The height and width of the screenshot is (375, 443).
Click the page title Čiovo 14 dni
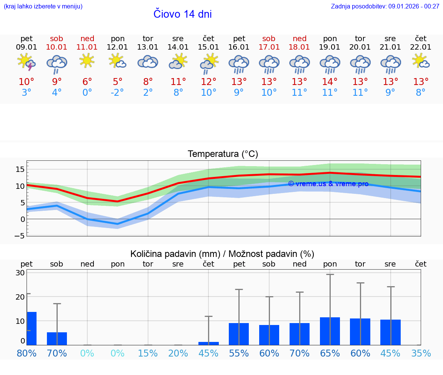[182, 14]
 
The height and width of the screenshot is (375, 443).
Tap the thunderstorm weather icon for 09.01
[27, 62]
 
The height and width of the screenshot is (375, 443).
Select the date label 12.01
[117, 47]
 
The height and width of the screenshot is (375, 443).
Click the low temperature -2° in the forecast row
[117, 93]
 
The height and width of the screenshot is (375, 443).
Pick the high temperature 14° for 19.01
[330, 82]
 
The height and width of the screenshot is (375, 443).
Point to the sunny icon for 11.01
[87, 61]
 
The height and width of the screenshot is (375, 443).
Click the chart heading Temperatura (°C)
[223, 154]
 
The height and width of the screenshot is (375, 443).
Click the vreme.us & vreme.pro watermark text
[328, 184]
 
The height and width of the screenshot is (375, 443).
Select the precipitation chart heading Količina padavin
[222, 254]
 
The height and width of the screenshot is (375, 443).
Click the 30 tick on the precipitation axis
[20, 273]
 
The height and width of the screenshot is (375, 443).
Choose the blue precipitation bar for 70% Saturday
[57, 338]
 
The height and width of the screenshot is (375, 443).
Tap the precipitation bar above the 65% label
[330, 331]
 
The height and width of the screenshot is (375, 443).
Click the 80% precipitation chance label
[27, 353]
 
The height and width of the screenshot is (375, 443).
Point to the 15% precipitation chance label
[148, 353]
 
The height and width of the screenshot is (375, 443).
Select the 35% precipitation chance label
[421, 353]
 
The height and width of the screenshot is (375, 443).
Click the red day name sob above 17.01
[269, 38]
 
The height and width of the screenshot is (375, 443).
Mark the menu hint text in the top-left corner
[43, 6]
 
